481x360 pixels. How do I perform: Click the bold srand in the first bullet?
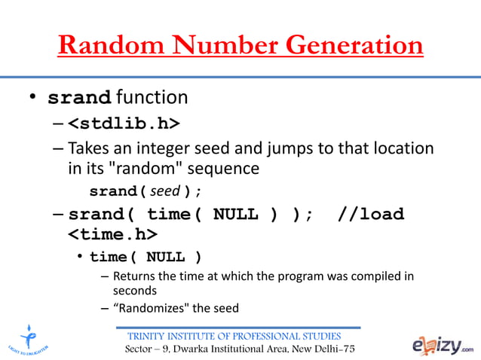point(80,98)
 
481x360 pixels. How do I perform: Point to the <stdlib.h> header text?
point(124,122)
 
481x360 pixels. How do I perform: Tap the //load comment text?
point(371,214)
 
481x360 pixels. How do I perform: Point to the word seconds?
point(134,290)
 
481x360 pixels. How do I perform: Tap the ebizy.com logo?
point(443,343)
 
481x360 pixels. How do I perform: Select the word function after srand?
point(152,98)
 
